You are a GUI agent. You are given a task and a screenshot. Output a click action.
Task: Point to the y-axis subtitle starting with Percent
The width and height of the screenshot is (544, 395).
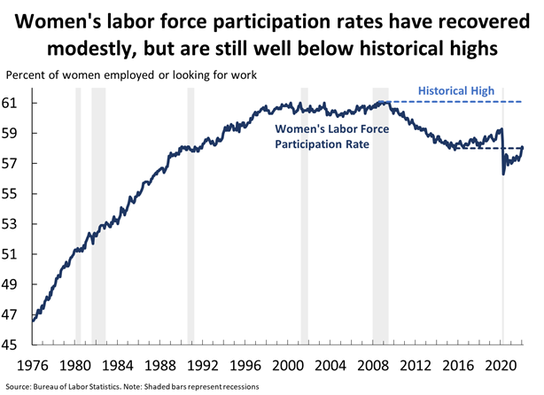pyautogui.click(x=131, y=75)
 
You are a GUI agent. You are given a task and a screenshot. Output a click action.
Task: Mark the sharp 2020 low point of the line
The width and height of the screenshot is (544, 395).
pyautogui.click(x=503, y=174)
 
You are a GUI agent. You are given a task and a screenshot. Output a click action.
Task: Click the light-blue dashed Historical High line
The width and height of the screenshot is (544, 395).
pyautogui.click(x=461, y=103)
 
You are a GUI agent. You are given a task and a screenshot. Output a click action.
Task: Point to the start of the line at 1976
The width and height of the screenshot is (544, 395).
pyautogui.click(x=33, y=321)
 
